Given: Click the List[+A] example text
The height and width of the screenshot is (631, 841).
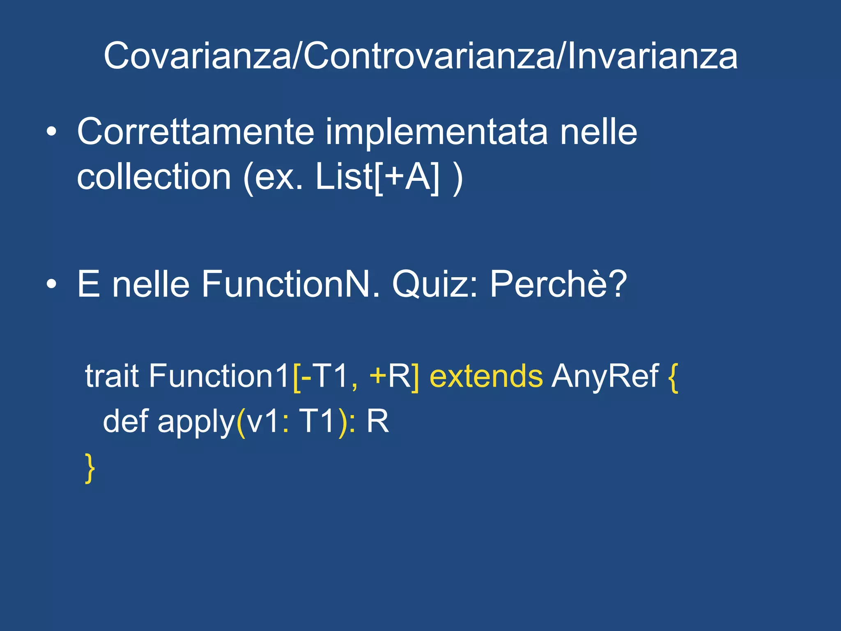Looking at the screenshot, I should point(377,177).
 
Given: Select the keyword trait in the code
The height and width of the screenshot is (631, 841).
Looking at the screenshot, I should point(112,376).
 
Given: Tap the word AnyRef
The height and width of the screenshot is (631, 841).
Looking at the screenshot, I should point(605,376).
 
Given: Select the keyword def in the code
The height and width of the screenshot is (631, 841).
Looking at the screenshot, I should point(125,421).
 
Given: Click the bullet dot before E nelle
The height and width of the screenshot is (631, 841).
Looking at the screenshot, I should point(51,284).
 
